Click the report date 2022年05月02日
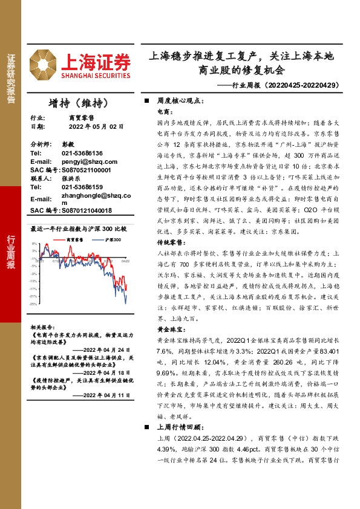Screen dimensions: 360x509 [x=96, y=127]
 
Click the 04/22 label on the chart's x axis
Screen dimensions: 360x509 [x=125, y=262]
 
